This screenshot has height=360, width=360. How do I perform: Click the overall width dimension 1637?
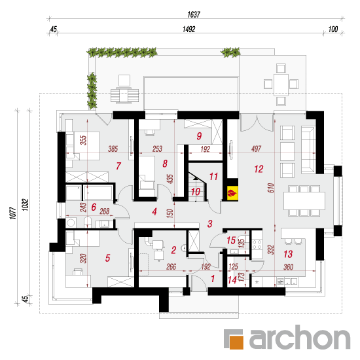(x=194, y=14)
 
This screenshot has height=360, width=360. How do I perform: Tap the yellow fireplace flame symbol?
(x=232, y=193)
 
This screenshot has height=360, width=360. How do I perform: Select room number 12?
(x=259, y=170)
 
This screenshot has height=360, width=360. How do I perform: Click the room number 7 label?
(x=118, y=166)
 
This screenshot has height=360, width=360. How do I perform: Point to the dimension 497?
(x=256, y=149)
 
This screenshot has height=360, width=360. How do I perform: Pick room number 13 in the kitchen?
(x=288, y=254)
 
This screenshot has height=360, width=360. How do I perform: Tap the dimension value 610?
(x=271, y=188)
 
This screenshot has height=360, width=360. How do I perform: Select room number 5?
(x=108, y=258)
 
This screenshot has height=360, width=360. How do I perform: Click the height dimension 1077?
(x=13, y=213)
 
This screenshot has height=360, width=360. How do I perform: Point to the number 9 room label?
(x=199, y=136)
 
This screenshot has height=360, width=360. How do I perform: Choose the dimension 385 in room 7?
(x=113, y=149)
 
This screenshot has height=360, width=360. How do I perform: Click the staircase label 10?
(x=196, y=192)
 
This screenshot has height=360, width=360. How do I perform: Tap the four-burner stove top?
(x=257, y=244)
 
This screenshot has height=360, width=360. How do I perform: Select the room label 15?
(x=231, y=240)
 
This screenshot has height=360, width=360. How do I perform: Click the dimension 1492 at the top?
(x=189, y=29)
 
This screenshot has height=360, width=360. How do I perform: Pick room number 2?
(x=174, y=250)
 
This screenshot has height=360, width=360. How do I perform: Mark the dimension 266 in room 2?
(x=171, y=266)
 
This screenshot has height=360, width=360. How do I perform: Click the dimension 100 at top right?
(x=333, y=29)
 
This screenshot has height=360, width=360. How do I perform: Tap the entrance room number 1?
(x=213, y=278)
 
